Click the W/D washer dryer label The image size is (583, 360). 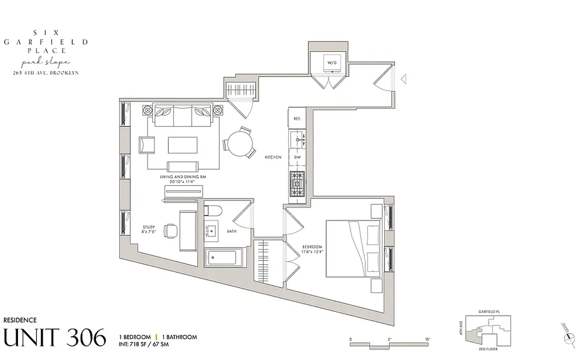pos(331,63)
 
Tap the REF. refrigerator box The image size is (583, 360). pos(297,119)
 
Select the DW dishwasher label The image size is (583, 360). pos(297,157)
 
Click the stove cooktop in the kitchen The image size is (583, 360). pos(297,184)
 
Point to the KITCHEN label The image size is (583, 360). pos(273,157)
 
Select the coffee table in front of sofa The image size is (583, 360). pos(183,145)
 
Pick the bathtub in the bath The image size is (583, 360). pos(224,258)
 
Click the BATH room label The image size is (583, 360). pos(232,232)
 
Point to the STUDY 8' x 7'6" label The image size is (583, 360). pos(149,229)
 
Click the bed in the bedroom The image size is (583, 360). pos(353,248)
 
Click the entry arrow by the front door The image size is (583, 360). pos(404,79)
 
